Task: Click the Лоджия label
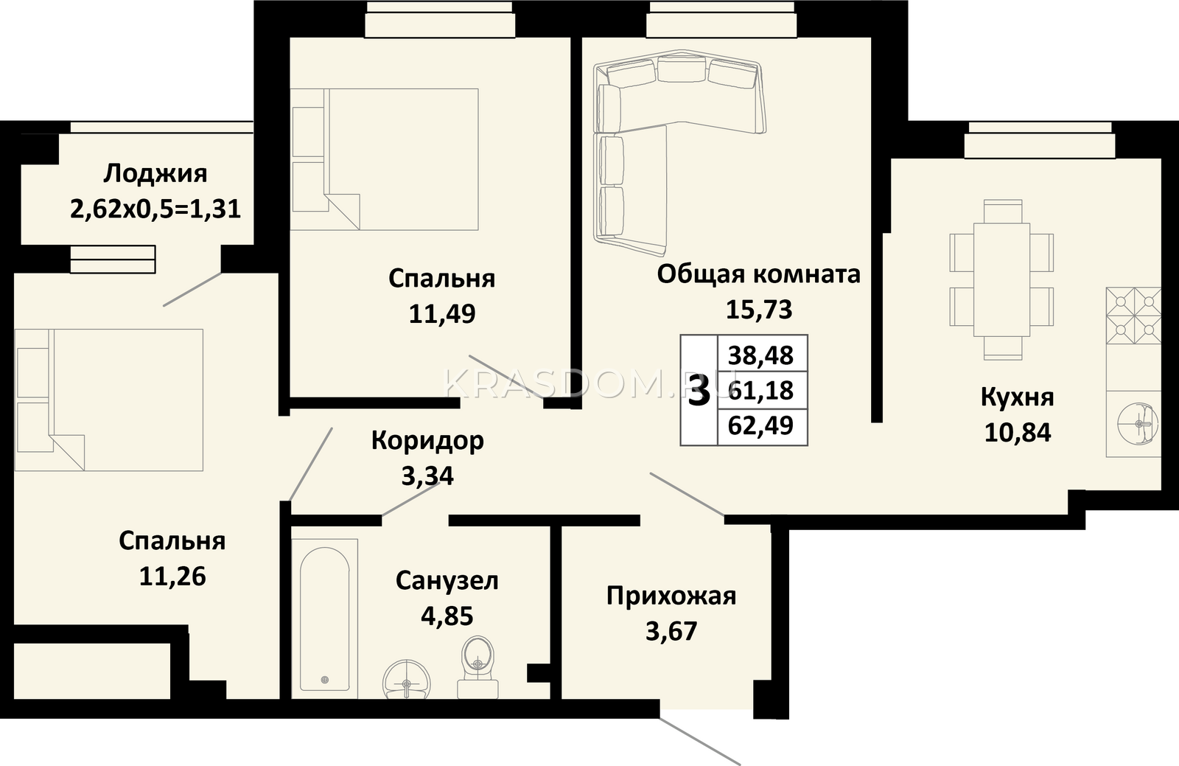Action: tap(155, 174)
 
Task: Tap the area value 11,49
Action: tap(442, 314)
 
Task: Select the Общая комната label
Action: tap(758, 274)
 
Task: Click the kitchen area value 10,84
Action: tap(1018, 433)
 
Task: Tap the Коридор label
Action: tap(427, 441)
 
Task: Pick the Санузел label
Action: tap(447, 581)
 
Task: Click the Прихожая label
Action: tap(671, 596)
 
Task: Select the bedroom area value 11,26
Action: tap(172, 577)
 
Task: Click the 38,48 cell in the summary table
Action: tap(761, 355)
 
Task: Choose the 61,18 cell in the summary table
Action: tap(761, 391)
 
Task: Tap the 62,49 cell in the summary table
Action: tap(761, 425)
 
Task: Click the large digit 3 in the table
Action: tap(699, 391)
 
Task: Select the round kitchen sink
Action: tap(1139, 424)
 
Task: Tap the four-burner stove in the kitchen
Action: tap(1133, 316)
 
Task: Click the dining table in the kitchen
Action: tap(1001, 279)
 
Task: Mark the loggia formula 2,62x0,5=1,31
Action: tap(155, 209)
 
